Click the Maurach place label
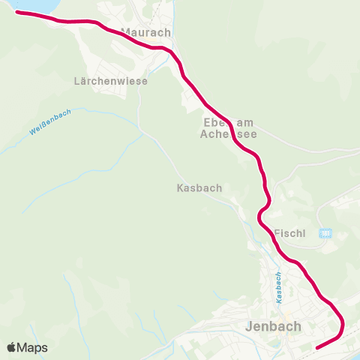click(x=146, y=33)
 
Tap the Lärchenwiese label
click(x=111, y=80)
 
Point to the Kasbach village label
click(x=199, y=187)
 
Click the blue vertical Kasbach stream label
click(x=278, y=287)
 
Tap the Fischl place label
click(x=289, y=233)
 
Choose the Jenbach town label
click(x=273, y=326)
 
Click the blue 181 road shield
click(x=325, y=233)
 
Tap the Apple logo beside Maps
click(x=11, y=347)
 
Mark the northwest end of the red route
click(x=17, y=13)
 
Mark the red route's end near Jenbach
click(x=318, y=347)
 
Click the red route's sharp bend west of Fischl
click(x=259, y=217)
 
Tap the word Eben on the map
click(x=213, y=122)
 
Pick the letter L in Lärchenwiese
click(x=78, y=80)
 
